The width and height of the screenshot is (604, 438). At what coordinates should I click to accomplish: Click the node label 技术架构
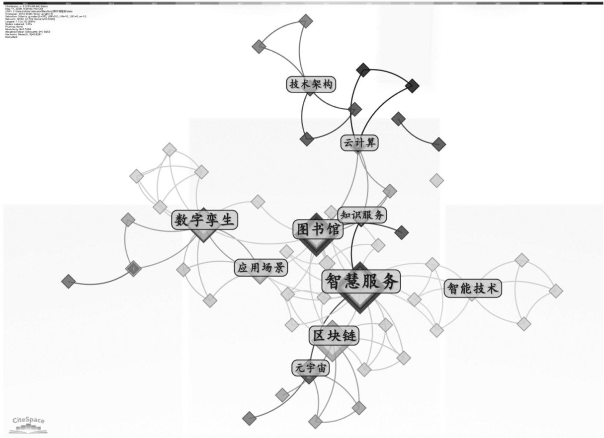(311, 84)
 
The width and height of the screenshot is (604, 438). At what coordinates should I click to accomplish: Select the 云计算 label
(359, 143)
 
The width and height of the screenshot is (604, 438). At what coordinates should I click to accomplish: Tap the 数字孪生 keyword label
(204, 220)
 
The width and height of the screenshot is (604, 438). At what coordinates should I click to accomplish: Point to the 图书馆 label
(317, 229)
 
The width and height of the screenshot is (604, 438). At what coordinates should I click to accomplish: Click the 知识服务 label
(362, 215)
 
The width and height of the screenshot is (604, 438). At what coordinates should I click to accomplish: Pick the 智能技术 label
(473, 289)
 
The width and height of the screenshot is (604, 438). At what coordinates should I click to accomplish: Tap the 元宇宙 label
(310, 368)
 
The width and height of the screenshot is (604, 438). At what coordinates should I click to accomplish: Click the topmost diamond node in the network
(307, 21)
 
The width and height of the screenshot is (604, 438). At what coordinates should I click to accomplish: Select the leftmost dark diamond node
(68, 282)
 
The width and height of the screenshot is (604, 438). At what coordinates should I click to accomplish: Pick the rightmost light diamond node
(556, 290)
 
